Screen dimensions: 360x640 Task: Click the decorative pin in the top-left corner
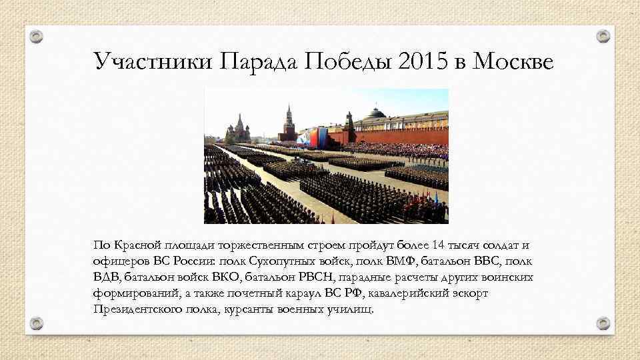pyautogui.click(x=37, y=35)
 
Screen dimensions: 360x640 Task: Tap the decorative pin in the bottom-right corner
pyautogui.click(x=603, y=323)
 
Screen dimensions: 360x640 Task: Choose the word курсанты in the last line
pyautogui.click(x=245, y=309)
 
